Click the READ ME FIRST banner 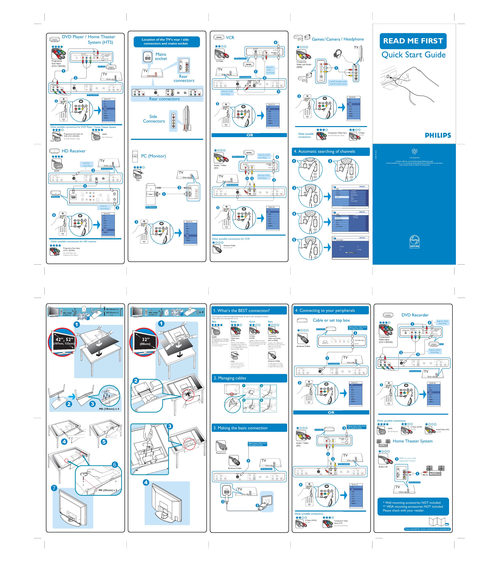point(413,41)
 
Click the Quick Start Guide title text point(413,55)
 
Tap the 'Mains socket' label point(161,57)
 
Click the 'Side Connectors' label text point(154,119)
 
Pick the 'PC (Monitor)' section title point(153,156)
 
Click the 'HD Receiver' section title point(74,151)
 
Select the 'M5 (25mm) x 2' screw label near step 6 point(108,490)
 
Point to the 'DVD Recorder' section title point(415,315)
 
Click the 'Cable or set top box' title point(331,320)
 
